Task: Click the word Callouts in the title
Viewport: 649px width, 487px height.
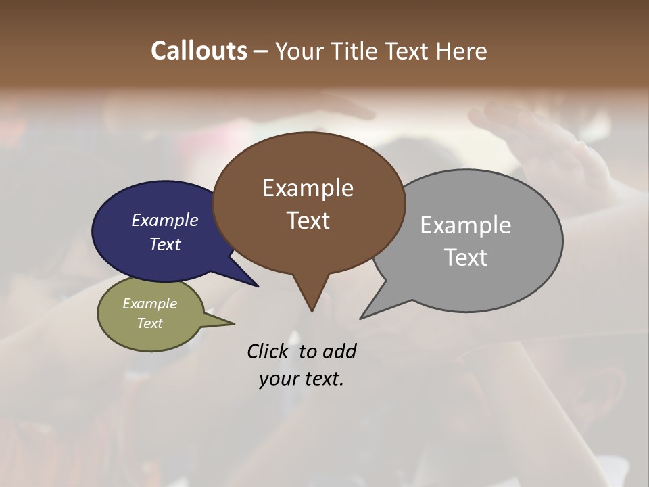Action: pos(199,51)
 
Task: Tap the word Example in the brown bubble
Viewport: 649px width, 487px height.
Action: pos(308,188)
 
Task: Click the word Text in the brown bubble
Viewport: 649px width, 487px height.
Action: pos(308,221)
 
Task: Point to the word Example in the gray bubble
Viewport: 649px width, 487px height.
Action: pos(466,225)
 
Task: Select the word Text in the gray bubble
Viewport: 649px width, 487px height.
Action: pos(466,258)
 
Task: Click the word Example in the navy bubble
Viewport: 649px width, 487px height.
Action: pos(165,220)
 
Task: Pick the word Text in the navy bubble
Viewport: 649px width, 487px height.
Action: pos(165,244)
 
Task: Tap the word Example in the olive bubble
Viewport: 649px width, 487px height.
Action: pos(150,304)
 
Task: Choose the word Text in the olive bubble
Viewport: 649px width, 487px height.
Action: pos(150,323)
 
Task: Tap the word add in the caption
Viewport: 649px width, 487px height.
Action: pos(339,351)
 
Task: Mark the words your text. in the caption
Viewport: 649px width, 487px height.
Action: pos(302,379)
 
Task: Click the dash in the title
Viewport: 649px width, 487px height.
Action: pos(261,51)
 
